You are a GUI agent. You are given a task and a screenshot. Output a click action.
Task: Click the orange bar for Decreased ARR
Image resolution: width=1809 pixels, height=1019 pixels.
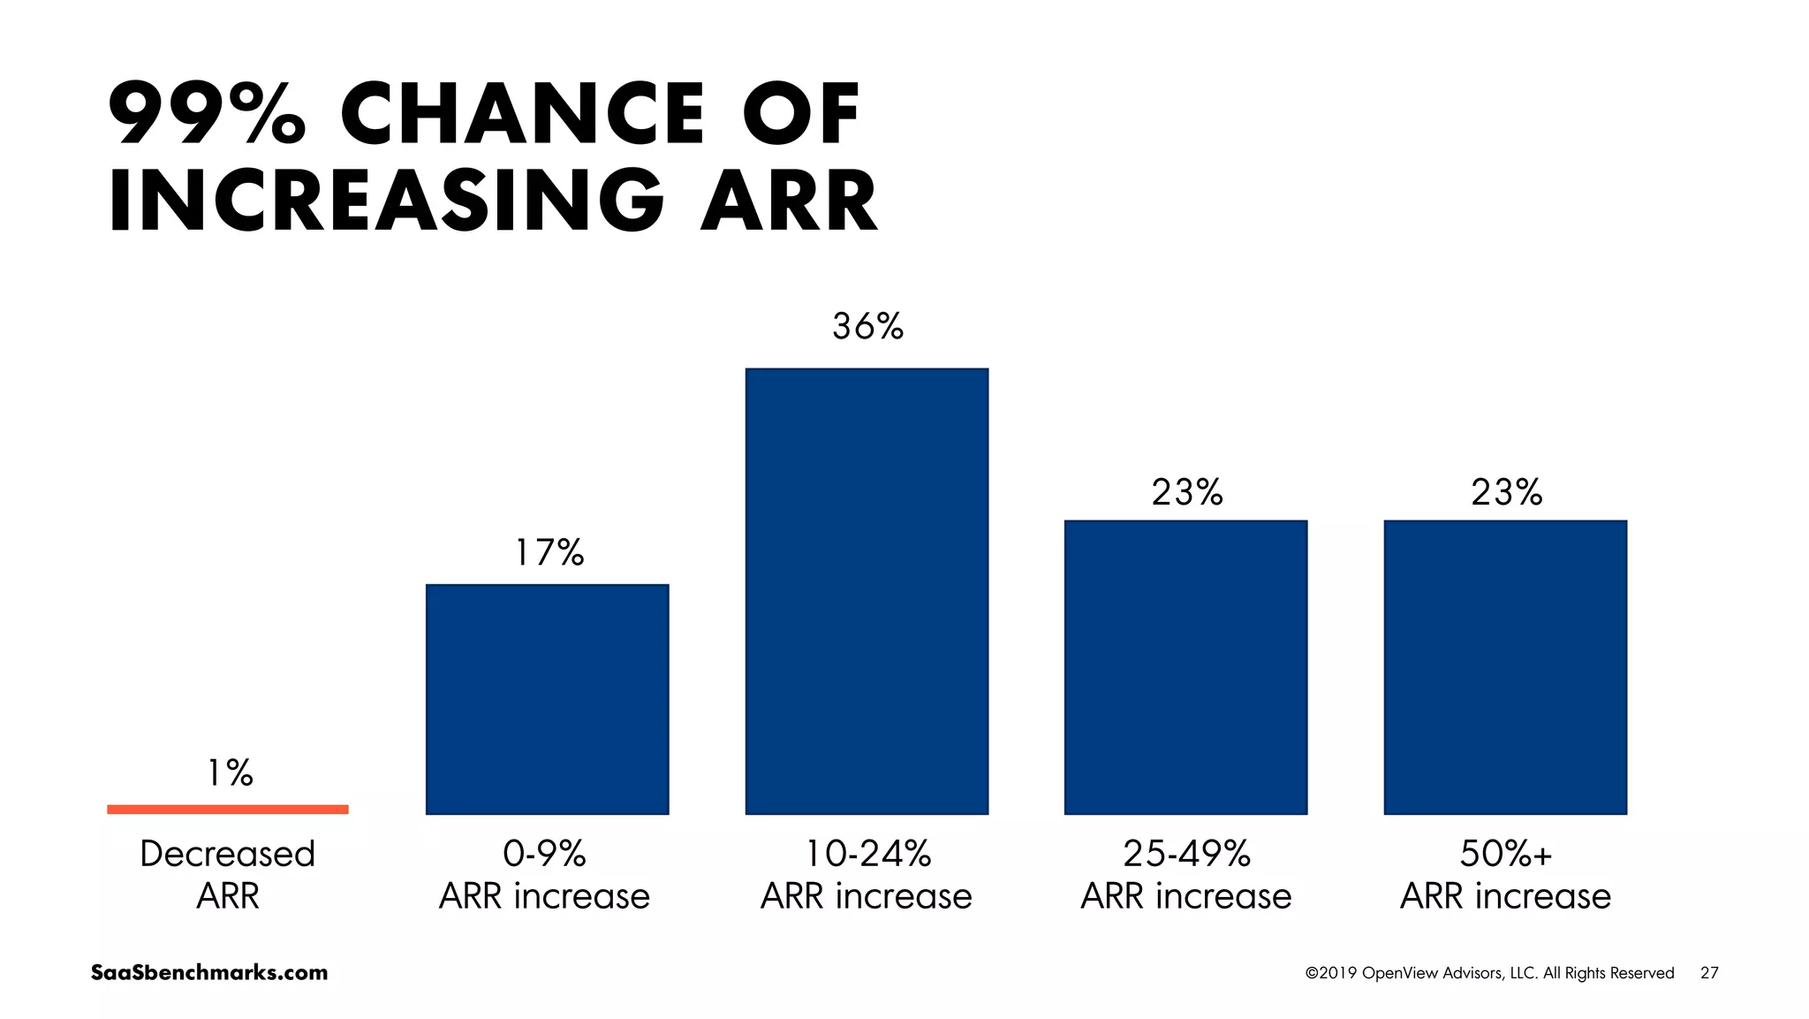click(228, 809)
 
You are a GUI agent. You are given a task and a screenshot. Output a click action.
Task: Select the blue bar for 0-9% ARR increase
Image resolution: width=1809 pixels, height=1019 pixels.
click(547, 699)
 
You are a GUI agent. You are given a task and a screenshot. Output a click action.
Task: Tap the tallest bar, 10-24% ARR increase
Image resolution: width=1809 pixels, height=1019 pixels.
click(867, 591)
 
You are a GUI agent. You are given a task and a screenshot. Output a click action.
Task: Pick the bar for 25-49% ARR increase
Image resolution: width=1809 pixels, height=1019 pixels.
click(1185, 667)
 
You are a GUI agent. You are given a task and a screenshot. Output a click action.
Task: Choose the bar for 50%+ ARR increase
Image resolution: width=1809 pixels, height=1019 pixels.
click(1505, 667)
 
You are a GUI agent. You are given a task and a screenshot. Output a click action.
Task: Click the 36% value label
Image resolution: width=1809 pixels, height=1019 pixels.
click(867, 327)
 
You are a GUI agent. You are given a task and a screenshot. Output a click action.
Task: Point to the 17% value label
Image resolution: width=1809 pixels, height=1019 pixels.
click(549, 553)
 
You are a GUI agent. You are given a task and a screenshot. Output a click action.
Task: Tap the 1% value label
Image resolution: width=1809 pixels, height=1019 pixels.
click(230, 773)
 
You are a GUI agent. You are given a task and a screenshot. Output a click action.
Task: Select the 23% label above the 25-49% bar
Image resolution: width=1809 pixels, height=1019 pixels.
click(1186, 492)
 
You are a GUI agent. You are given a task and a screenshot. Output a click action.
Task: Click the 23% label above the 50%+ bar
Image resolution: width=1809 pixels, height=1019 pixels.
click(1506, 492)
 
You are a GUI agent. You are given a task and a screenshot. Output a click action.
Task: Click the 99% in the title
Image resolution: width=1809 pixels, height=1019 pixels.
click(207, 113)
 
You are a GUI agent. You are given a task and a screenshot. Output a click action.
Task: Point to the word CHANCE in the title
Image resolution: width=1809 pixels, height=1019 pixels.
click(523, 113)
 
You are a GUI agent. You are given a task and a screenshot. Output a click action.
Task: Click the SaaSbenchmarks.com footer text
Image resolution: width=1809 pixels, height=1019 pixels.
click(209, 973)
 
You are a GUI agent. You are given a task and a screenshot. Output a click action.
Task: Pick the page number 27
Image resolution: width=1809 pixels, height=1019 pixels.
click(1709, 973)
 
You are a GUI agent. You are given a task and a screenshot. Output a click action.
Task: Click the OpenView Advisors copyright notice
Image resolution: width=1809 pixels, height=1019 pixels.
click(1489, 973)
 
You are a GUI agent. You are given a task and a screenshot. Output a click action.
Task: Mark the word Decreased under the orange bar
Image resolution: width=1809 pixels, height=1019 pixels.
click(228, 854)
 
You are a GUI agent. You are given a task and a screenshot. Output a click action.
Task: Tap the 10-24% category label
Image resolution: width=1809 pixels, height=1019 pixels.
click(867, 854)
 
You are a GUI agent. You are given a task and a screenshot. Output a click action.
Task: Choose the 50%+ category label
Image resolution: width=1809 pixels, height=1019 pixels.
click(1505, 854)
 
